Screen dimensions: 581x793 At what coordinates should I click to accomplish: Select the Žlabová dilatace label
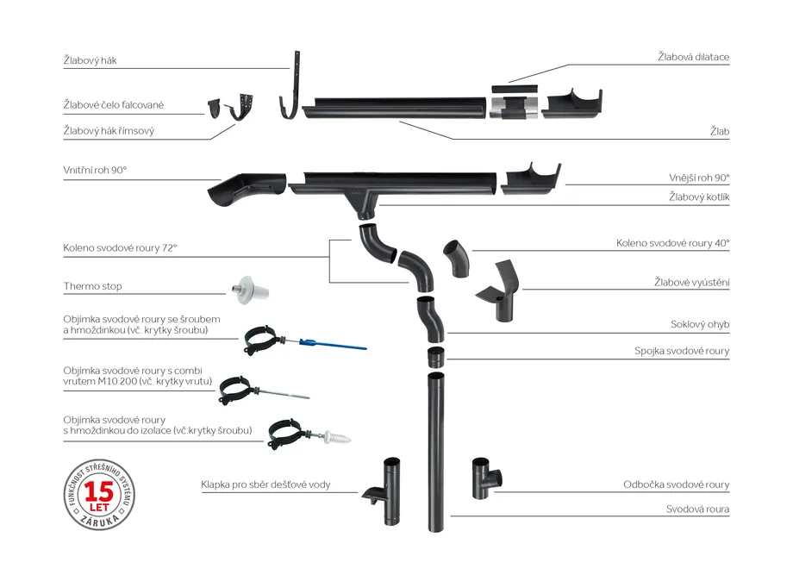point(693,57)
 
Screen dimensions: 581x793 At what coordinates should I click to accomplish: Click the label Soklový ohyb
point(700,325)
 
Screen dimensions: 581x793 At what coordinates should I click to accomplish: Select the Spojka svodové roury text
point(682,351)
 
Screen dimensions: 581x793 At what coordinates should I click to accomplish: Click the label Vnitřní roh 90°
point(95,172)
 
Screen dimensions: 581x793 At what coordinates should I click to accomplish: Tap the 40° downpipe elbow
point(456,257)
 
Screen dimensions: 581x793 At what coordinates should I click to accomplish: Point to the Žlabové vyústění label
point(691,282)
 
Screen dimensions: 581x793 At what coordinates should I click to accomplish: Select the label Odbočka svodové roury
point(676,484)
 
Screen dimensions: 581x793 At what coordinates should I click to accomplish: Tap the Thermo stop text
point(92,286)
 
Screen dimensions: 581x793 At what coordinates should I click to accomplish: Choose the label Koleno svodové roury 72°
point(120,247)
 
